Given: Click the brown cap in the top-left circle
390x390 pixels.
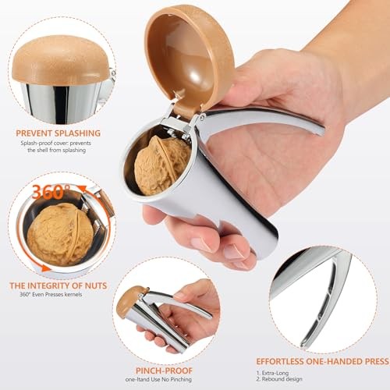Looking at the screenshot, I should coord(60,65).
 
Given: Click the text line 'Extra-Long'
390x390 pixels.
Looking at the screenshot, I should coord(278,374).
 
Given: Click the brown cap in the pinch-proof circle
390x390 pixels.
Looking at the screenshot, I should coord(131,300).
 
